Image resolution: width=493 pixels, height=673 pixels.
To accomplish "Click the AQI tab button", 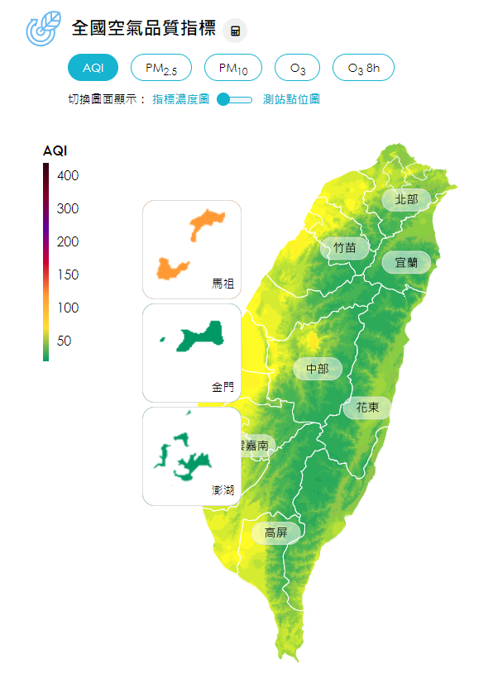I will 93,68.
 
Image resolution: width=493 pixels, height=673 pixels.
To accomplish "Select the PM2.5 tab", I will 161,68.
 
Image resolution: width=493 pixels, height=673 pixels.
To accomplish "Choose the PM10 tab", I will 233,68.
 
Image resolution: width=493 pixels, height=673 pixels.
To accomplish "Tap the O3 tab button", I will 298,68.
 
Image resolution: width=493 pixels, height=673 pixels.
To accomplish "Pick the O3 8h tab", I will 363,68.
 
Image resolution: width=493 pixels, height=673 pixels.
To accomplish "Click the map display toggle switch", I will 235,99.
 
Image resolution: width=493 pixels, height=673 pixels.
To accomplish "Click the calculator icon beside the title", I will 236,31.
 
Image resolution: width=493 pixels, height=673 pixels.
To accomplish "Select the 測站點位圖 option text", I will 291,99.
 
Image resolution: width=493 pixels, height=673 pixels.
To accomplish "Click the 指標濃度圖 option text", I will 180,99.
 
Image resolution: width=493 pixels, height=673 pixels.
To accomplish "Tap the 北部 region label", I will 406,199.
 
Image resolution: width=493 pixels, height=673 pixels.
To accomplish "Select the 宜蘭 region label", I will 406,262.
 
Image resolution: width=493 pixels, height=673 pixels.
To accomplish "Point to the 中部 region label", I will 318,369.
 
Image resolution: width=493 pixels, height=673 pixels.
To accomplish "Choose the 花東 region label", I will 367,408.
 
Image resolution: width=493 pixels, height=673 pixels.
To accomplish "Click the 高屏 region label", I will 275,533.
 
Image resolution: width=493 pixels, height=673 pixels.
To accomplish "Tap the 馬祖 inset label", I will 223,284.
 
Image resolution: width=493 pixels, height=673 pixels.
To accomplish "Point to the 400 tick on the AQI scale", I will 68,175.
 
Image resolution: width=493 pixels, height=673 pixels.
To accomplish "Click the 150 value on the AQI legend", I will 68,274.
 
